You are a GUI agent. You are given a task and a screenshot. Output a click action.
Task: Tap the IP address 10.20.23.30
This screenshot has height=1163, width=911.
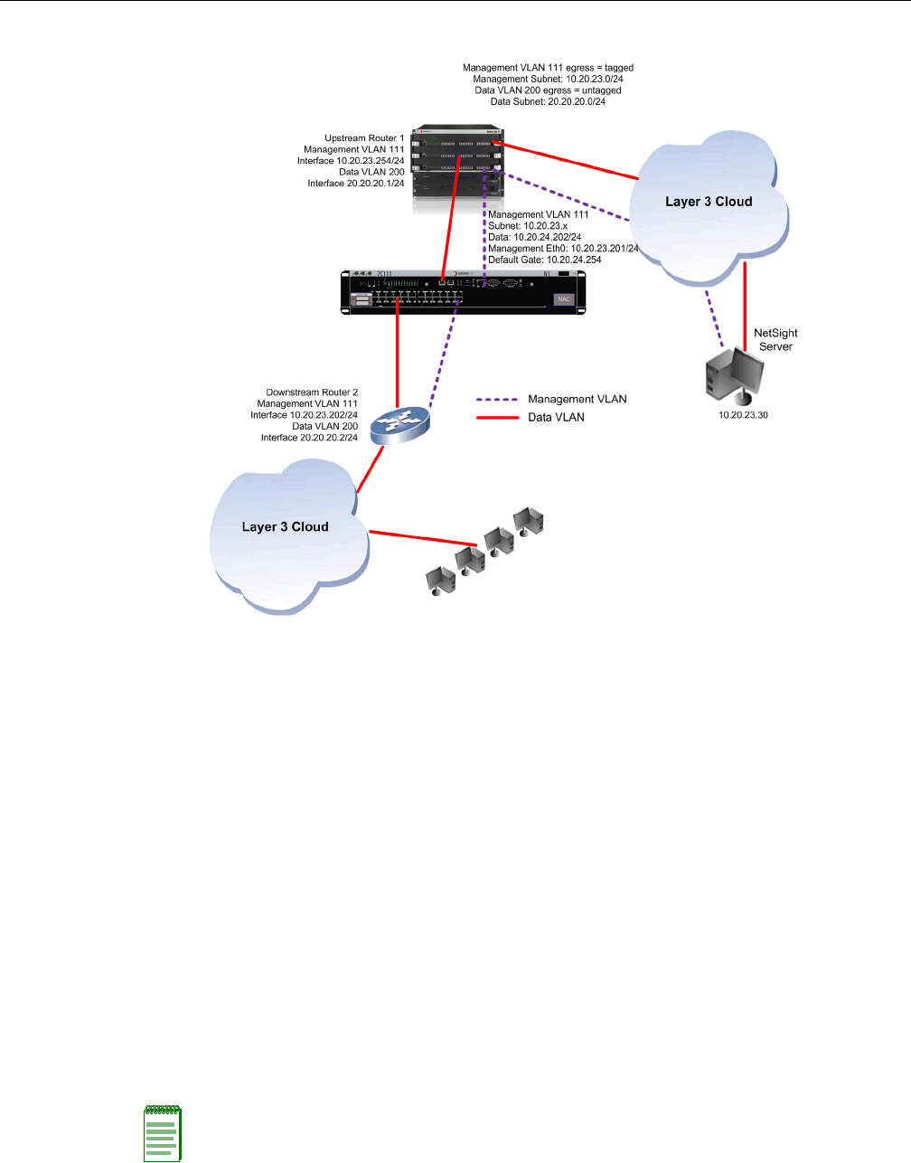(x=743, y=415)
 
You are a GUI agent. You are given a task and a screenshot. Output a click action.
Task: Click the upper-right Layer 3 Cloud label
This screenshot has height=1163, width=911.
(x=709, y=202)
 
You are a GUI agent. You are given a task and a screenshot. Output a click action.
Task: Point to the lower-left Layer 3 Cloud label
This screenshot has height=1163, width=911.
(x=285, y=526)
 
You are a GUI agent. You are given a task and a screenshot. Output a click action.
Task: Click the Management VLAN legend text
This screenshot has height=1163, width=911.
(x=577, y=399)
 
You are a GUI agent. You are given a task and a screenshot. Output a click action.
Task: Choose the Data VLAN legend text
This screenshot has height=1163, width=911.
(x=556, y=417)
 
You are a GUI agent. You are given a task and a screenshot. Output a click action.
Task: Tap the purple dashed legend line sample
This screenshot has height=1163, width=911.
(x=496, y=399)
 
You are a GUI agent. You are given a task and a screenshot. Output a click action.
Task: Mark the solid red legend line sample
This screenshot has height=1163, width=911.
(x=496, y=417)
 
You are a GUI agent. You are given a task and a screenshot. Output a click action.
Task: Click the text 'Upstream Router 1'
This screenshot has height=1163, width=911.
(x=364, y=138)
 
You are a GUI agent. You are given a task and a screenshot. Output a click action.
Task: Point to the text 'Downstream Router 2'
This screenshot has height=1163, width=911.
(x=312, y=392)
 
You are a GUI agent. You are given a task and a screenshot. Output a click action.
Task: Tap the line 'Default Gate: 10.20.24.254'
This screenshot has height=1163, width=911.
(x=544, y=260)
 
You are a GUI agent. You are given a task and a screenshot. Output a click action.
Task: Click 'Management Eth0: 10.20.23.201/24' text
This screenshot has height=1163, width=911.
(x=563, y=249)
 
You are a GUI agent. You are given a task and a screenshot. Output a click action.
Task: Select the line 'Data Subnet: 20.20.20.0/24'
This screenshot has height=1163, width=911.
(x=548, y=102)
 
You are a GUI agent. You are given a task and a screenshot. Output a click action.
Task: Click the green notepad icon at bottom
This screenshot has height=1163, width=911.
(x=163, y=1133)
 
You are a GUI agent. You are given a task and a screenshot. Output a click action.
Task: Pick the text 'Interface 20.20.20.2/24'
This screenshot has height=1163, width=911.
(x=309, y=438)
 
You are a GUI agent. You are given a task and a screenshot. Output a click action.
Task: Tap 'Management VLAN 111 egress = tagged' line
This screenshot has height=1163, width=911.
(x=548, y=68)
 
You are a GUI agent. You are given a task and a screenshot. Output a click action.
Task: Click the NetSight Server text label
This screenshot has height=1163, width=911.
(x=775, y=339)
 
